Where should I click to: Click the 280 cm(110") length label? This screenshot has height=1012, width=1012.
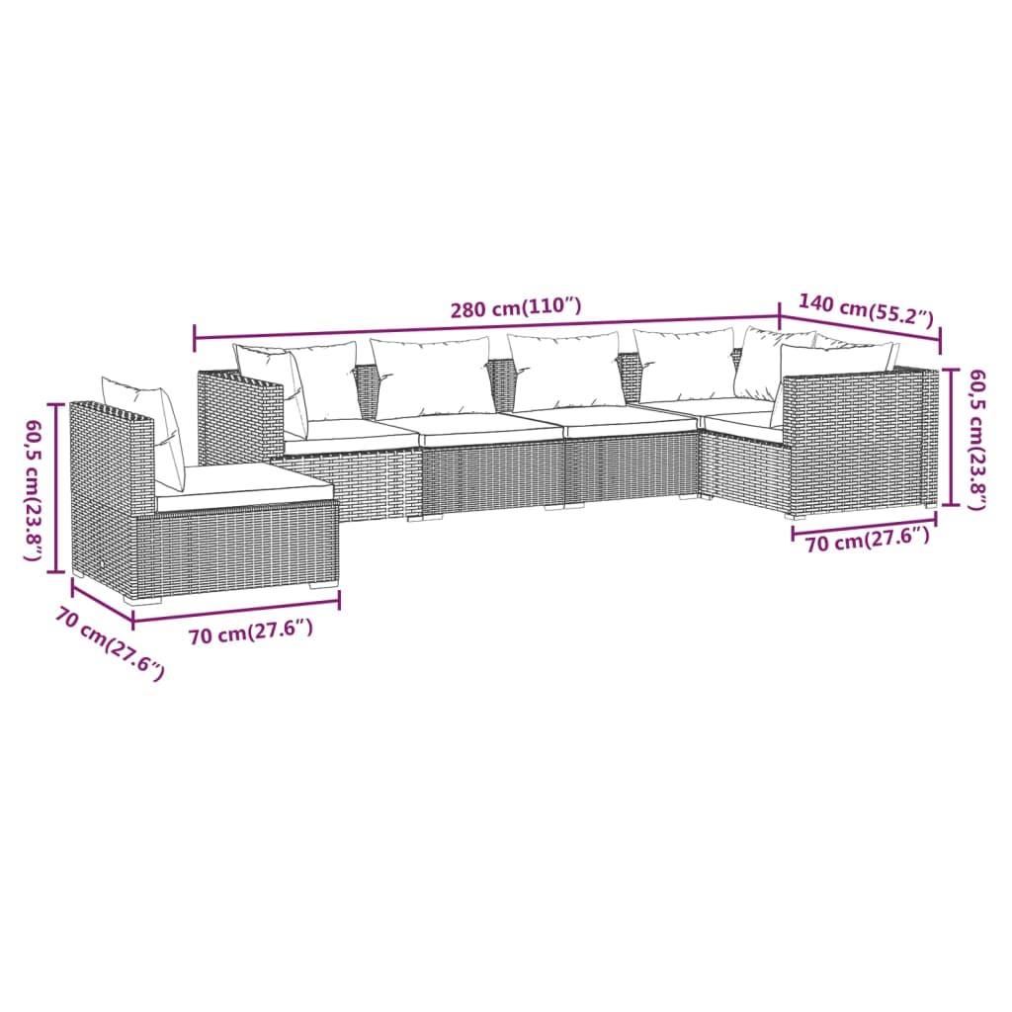pyautogui.click(x=515, y=308)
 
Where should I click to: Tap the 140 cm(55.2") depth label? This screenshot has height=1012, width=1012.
pyautogui.click(x=866, y=310)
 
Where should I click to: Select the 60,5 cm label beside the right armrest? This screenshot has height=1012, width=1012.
pyautogui.click(x=976, y=439)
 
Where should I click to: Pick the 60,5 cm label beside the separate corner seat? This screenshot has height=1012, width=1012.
pyautogui.click(x=35, y=490)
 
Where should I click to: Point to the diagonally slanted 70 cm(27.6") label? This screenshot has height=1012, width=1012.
pyautogui.click(x=109, y=643)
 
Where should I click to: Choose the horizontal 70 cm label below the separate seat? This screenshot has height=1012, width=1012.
pyautogui.click(x=250, y=633)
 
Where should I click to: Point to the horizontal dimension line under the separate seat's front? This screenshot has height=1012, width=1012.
pyautogui.click(x=236, y=610)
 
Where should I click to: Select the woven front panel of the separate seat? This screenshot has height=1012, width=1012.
pyautogui.click(x=237, y=548)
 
